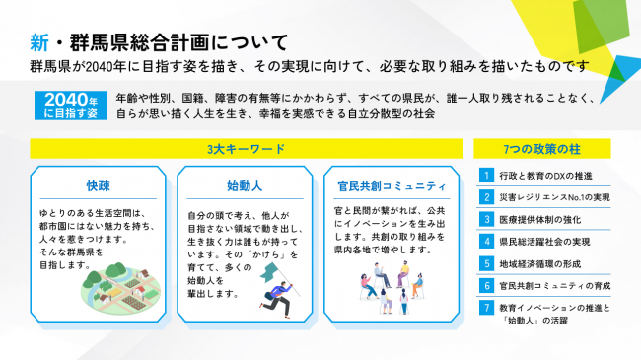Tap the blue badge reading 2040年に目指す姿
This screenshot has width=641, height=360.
click(x=67, y=106)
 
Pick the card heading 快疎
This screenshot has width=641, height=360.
click(x=96, y=185)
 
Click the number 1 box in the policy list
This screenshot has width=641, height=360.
click(x=486, y=176)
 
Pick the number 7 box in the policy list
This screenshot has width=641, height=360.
click(x=486, y=308)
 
